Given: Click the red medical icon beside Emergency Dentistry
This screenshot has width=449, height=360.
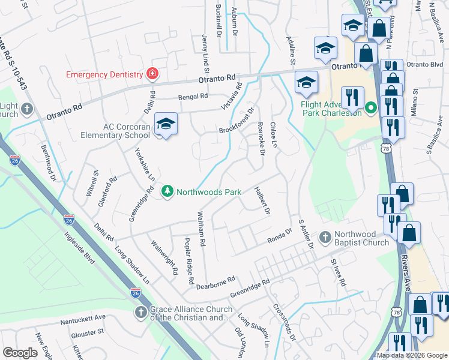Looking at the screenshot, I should tap(152, 74).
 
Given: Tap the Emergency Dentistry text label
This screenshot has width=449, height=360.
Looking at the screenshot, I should tap(104, 75).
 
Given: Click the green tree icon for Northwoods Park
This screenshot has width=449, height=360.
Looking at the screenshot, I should tap(167, 192).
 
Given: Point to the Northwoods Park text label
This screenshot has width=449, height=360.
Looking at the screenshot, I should tap(208, 193).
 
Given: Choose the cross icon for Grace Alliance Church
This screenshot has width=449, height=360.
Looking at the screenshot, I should tap(140, 312).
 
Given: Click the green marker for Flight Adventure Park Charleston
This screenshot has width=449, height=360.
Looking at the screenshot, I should tap(370, 109).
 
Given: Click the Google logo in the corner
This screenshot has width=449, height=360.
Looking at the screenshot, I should tap(20, 353).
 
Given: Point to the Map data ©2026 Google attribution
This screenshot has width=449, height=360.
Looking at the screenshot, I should tap(412, 355).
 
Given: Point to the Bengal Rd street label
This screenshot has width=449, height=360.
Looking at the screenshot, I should tap(192, 96).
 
